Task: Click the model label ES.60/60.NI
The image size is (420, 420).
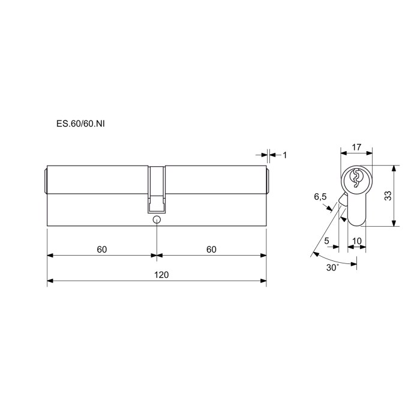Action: coord(80,124)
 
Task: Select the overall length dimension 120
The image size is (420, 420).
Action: coord(161,275)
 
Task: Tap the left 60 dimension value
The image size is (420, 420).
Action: coord(102,250)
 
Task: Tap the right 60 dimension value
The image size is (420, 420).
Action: coord(211,250)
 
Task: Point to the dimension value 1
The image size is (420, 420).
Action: coord(285,155)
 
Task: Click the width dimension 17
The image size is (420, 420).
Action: coord(356,147)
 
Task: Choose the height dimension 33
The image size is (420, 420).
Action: coord(388,196)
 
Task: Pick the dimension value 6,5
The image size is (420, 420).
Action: coord(320,197)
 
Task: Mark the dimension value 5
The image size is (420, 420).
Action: coord(326,241)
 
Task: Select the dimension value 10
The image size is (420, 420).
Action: coord(357,241)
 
